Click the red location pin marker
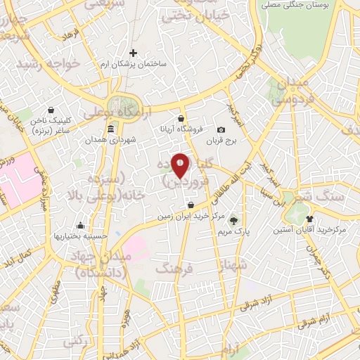[181, 166]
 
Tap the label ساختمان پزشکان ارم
[134, 63]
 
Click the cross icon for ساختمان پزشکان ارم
[134, 53]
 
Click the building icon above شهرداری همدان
[111, 129]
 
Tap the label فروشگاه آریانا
[183, 129]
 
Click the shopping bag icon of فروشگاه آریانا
[182, 118]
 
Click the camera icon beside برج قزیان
[221, 130]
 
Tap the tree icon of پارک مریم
[234, 220]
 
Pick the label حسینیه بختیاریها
[80, 236]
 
